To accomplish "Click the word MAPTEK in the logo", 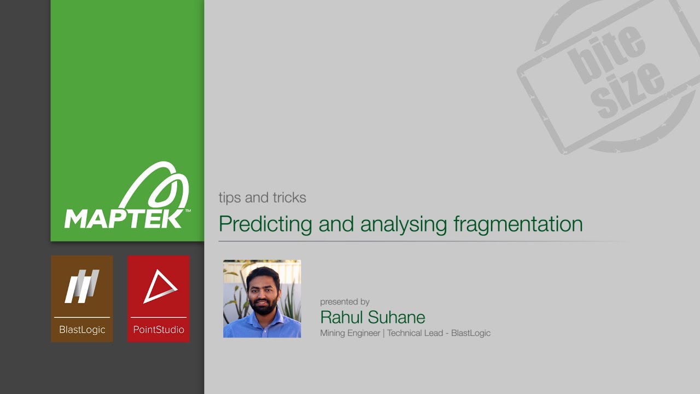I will pyautogui.click(x=124, y=218).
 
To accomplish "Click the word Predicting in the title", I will pyautogui.click(x=265, y=224).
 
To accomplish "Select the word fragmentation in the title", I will pyautogui.click(x=518, y=224).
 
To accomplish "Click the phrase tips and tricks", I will pyautogui.click(x=262, y=198).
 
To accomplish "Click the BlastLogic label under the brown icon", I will pyautogui.click(x=82, y=330).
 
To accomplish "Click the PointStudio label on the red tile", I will pyautogui.click(x=159, y=330).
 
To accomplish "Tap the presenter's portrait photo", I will pyautogui.click(x=262, y=298).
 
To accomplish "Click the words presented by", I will pyautogui.click(x=345, y=302).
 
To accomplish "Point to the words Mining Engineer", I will pyautogui.click(x=350, y=333).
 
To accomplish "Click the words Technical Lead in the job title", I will pyautogui.click(x=415, y=333).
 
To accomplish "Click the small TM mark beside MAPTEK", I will pyautogui.click(x=188, y=211).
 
